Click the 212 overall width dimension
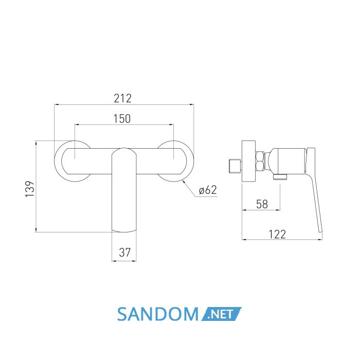pyautogui.click(x=122, y=99)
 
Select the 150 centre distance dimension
pyautogui.click(x=122, y=119)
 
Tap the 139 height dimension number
pyautogui.click(x=30, y=189)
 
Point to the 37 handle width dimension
pyautogui.click(x=124, y=253)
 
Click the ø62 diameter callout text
pyautogui.click(x=208, y=190)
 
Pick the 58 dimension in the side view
pyautogui.click(x=262, y=204)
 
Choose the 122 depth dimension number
pyautogui.click(x=277, y=234)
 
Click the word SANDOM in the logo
pyautogui.click(x=158, y=314)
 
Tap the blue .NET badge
pyautogui.click(x=221, y=314)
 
